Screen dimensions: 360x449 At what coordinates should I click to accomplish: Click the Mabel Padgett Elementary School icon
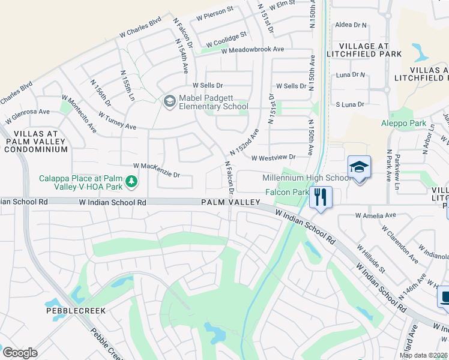tap(170, 101)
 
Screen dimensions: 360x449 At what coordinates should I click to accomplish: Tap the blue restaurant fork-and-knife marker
tap(321, 197)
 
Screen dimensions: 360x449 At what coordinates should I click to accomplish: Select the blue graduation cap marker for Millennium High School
tap(359, 167)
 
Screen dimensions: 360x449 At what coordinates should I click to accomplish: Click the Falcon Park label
tap(286, 192)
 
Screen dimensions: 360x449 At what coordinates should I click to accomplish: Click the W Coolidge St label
tap(226, 40)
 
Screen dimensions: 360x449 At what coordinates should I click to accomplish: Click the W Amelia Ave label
tap(376, 215)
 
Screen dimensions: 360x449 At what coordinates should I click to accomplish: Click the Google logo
tap(20, 353)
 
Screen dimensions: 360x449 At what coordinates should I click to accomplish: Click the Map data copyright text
tap(423, 355)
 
